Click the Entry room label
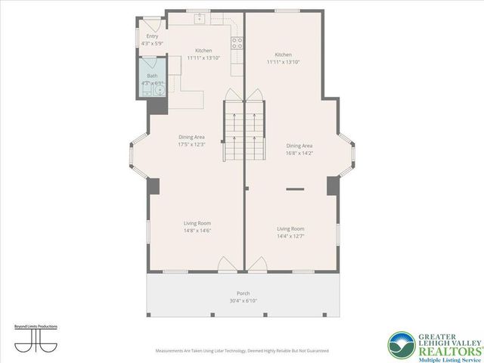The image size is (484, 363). point(151,36)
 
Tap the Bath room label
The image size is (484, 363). point(151,76)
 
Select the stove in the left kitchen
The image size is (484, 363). point(236,42)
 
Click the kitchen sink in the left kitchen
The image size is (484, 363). point(202,16)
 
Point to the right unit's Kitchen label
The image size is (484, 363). point(284,54)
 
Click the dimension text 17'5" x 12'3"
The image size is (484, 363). point(191,144)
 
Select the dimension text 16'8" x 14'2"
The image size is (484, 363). point(299,152)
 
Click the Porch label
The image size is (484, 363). point(243,293)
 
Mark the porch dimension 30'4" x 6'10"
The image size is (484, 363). point(243,301)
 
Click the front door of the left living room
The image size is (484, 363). point(226,265)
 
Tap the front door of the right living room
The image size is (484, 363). point(257,265)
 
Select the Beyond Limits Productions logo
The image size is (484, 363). point(36,337)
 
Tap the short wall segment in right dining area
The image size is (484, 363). point(294,188)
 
